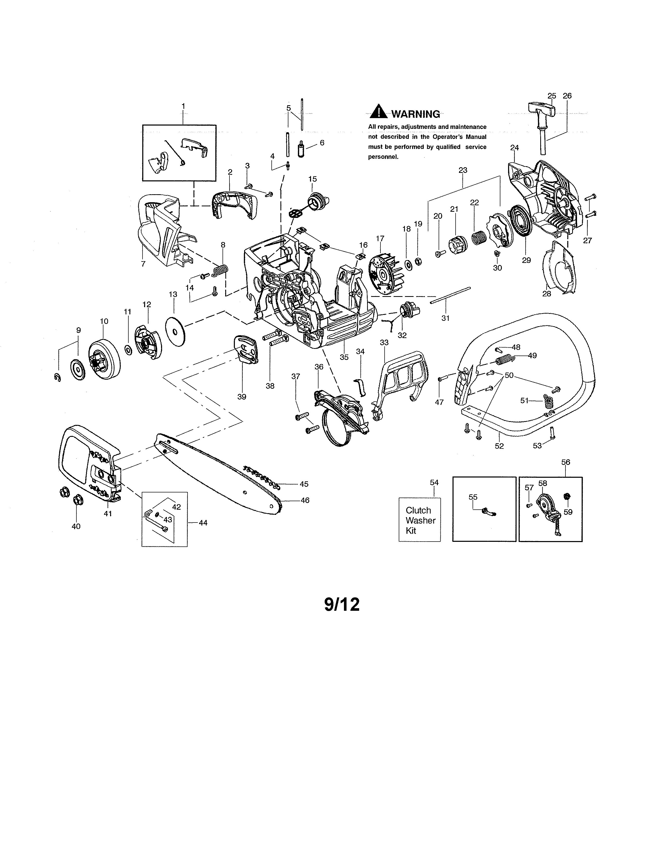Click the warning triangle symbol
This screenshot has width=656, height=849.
tap(378, 112)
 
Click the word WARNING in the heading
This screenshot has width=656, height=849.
tap(415, 114)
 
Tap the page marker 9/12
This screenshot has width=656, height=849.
tap(342, 605)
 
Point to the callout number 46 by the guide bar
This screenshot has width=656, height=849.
tap(305, 500)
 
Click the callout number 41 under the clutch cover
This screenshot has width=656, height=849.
tap(108, 514)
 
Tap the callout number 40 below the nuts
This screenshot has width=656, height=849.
tap(76, 526)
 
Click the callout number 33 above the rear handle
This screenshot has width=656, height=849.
tap(384, 342)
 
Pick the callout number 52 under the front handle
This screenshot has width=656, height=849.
tap(499, 446)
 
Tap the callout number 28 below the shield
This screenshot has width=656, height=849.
tap(546, 294)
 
